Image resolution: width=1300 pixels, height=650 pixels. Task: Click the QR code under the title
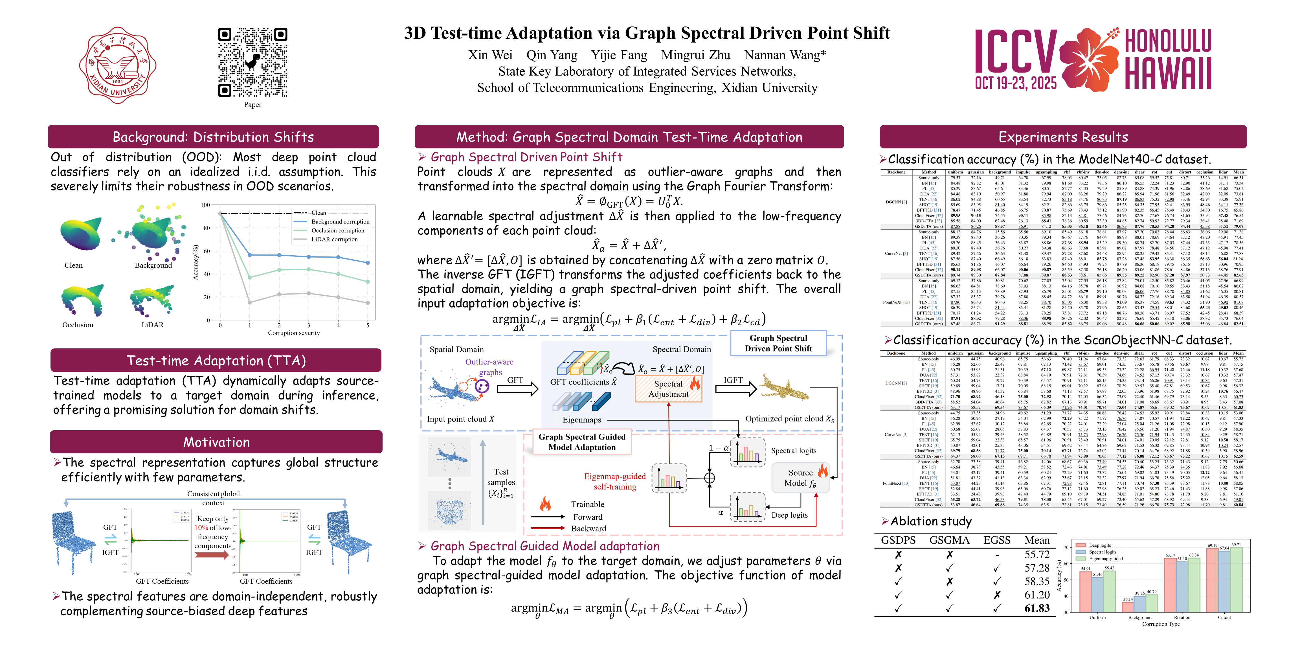[252, 63]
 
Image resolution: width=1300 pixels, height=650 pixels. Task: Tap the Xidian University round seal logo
[118, 65]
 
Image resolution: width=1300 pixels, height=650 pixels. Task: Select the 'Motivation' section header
[216, 442]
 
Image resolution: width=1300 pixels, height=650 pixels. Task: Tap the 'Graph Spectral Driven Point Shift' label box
[778, 343]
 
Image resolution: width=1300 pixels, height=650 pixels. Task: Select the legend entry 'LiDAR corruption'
[334, 239]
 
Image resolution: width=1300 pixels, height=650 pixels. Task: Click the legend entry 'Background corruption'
[340, 221]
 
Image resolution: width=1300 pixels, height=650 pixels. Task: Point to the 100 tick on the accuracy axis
[205, 205]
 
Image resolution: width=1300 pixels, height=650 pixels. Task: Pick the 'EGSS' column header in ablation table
[997, 540]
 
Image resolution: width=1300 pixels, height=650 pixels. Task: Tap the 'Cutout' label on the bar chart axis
[1224, 617]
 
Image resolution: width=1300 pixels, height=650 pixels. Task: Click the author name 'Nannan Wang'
[785, 55]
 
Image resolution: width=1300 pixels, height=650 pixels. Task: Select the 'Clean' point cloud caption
[74, 265]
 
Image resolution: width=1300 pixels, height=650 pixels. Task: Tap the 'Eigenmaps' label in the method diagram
[582, 420]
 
